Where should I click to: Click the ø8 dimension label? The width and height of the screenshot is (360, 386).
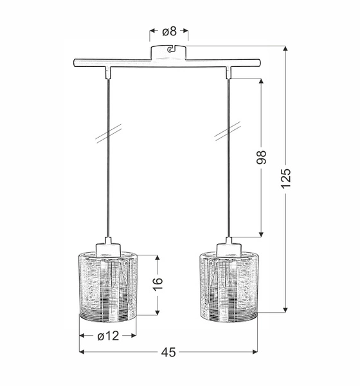pos(169,30)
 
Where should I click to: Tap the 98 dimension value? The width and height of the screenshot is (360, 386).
pos(262,158)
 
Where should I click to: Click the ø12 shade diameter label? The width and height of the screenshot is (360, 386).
pos(107,335)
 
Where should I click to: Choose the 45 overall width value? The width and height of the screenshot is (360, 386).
pos(168,352)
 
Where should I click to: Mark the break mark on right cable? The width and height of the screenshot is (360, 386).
pos(223,133)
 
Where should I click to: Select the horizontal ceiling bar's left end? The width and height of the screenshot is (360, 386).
pos(75,63)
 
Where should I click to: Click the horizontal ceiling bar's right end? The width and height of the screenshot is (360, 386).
pos(258,63)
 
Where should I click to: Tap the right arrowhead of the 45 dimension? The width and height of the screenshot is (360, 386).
pos(255,352)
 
